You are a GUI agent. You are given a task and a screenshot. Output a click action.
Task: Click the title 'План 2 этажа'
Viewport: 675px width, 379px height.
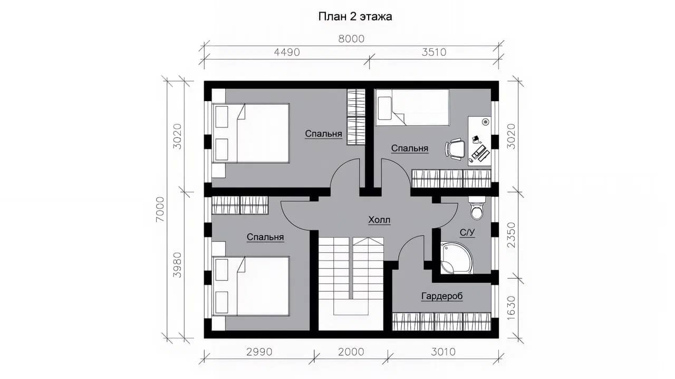355,16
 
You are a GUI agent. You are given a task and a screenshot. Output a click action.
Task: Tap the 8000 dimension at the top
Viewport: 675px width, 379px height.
351,39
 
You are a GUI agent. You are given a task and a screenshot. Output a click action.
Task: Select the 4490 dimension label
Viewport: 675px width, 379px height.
287,52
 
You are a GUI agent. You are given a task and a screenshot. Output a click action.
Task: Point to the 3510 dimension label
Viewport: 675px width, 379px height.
434,52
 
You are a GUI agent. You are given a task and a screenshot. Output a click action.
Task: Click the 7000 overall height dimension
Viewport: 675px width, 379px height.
160,210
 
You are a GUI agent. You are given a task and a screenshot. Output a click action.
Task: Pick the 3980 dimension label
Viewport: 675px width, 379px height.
177,265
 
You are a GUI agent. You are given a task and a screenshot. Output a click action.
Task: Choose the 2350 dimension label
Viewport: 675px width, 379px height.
511,235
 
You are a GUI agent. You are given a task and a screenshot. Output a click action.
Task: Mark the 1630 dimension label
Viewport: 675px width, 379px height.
511,308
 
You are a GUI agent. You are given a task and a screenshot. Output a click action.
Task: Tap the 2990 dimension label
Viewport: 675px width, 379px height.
259,352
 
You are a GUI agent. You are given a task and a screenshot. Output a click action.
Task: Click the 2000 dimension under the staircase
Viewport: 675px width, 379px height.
351,352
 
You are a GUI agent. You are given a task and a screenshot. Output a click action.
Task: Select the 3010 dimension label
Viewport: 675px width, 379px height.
443,352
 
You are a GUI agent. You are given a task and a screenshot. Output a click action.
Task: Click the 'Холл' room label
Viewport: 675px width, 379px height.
379,220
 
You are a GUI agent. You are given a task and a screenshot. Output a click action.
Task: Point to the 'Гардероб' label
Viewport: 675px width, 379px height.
442,296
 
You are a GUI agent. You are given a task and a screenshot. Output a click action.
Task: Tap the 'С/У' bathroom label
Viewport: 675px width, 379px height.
467,233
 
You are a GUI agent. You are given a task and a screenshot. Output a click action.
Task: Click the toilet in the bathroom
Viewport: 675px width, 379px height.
477,208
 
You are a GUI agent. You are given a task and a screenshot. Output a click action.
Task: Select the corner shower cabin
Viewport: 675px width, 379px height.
456,258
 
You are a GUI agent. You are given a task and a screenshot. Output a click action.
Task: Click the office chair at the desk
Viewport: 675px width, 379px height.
455,149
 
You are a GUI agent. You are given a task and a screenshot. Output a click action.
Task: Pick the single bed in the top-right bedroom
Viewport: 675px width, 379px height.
412,107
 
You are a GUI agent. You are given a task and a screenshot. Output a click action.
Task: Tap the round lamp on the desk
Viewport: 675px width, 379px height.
486,122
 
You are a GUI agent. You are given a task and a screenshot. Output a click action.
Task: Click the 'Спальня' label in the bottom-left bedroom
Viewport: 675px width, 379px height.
265,237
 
